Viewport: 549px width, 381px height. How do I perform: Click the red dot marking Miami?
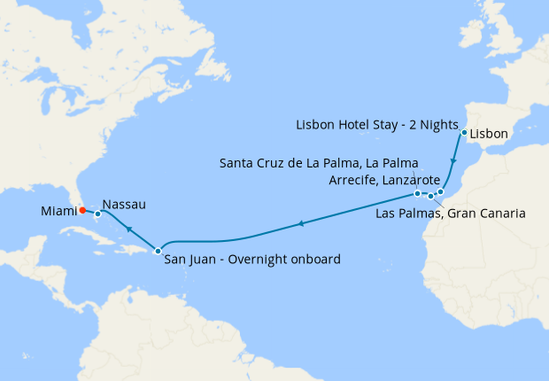click(x=81, y=211)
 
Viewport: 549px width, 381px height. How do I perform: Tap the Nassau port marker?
click(x=97, y=214)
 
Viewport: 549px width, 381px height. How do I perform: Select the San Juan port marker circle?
click(x=158, y=251)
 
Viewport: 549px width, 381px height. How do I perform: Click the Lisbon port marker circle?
click(x=464, y=133)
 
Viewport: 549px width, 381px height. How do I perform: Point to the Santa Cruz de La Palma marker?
click(x=417, y=193)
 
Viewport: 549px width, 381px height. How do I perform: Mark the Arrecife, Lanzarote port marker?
click(x=440, y=191)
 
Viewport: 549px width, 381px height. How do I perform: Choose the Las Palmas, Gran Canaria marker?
click(x=430, y=196)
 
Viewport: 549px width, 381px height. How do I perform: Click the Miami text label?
click(x=58, y=211)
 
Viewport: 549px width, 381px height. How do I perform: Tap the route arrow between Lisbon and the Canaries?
click(x=453, y=164)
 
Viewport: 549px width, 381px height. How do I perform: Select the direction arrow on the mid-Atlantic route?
click(x=301, y=224)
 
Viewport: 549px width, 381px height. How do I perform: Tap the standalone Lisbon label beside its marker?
click(x=489, y=135)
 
